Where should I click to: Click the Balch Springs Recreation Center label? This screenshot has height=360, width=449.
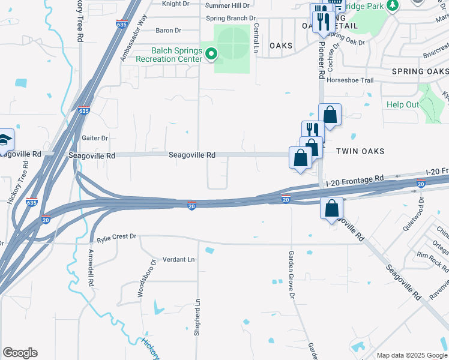(169, 54)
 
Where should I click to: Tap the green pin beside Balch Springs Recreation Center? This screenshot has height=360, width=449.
(211, 55)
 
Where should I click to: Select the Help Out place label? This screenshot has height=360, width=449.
(403, 104)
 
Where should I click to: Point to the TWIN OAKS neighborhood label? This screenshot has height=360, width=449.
(360, 151)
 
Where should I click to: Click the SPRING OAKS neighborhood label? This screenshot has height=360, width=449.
(420, 71)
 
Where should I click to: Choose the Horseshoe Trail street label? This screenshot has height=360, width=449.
(350, 80)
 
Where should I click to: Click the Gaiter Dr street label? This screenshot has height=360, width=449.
(95, 138)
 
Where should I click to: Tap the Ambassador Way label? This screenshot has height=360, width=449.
(133, 37)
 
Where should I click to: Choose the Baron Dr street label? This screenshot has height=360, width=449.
(168, 31)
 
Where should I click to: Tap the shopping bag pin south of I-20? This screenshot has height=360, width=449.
(331, 209)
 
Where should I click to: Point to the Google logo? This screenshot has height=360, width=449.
(20, 353)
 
